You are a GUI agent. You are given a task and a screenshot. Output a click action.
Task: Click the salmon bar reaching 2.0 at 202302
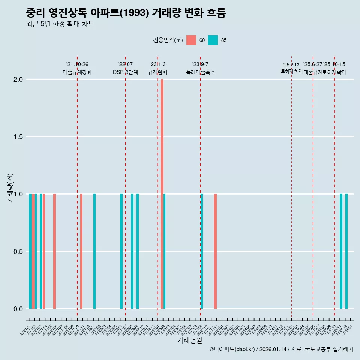click(162, 194)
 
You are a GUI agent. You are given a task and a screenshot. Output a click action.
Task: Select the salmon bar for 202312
click(215, 251)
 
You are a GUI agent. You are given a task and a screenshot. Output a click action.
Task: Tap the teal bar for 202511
click(341, 251)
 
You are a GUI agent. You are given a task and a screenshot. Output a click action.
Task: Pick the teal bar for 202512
click(346, 251)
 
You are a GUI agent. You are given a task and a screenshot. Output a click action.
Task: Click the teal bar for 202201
click(94, 251)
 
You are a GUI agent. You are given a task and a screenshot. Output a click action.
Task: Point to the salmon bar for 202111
click(81, 251)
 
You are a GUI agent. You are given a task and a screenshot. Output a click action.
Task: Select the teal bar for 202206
click(121, 251)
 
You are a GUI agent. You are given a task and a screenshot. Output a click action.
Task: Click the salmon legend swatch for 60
click(191, 40)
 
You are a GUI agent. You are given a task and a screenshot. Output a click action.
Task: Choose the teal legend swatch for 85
click(213, 40)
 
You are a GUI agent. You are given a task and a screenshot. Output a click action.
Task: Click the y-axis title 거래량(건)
click(10, 188)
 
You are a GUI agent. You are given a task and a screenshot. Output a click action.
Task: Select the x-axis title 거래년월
click(190, 340)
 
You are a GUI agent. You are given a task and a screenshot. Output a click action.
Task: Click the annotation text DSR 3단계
click(125, 72)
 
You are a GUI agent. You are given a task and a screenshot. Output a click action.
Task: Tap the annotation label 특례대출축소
click(201, 72)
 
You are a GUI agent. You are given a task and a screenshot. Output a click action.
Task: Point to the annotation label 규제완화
click(157, 72)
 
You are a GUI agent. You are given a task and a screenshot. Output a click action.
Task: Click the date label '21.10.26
click(77, 64)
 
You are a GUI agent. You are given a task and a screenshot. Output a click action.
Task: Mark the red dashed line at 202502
click(291, 187)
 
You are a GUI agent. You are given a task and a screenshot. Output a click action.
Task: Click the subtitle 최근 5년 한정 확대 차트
click(60, 24)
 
